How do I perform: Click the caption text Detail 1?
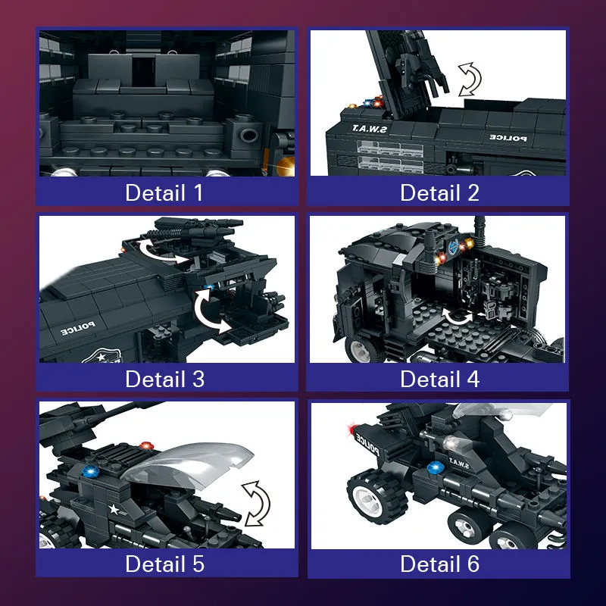(x=164, y=192)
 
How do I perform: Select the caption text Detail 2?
(x=440, y=192)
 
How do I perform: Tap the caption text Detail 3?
(x=164, y=379)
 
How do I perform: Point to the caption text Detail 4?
(x=440, y=379)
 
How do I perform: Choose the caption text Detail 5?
(x=164, y=564)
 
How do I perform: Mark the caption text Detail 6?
(x=440, y=564)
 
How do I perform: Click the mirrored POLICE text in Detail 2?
(x=508, y=138)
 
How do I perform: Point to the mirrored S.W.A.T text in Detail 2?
(x=370, y=129)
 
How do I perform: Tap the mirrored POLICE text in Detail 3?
(x=78, y=328)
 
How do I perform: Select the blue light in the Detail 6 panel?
(x=435, y=468)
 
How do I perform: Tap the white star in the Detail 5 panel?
(x=114, y=509)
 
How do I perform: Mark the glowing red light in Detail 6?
(x=352, y=429)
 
